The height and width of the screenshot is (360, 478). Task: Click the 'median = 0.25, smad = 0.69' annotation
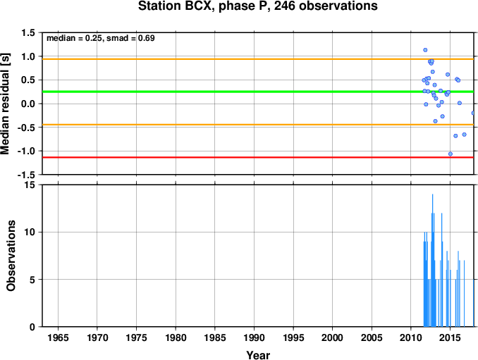coord(101,38)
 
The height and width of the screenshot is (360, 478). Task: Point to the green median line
coord(258,92)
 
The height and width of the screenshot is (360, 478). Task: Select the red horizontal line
coord(258,158)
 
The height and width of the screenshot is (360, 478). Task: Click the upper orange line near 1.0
coord(258,59)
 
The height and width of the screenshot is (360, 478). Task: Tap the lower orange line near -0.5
coord(258,125)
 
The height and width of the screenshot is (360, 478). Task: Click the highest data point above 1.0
coord(425,50)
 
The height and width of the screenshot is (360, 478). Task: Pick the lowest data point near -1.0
coord(451,154)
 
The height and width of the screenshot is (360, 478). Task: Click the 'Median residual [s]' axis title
coord(6,104)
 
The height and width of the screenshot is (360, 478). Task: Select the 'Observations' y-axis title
coord(11,256)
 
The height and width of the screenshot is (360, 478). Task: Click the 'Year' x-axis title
coord(258,355)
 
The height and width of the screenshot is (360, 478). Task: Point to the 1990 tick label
coord(254,337)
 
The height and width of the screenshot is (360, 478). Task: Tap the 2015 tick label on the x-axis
coord(451,337)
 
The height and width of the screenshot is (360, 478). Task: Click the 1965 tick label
coord(58,337)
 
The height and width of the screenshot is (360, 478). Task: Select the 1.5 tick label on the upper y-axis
coord(28,32)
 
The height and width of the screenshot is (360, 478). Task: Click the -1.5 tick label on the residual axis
coord(26,175)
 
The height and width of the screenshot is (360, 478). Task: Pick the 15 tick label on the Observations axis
coord(30,185)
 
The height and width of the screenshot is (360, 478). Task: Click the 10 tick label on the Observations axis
coord(30,232)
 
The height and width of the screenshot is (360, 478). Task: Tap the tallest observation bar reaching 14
coord(432,261)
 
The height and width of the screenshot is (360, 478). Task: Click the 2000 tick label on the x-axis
coord(333,337)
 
